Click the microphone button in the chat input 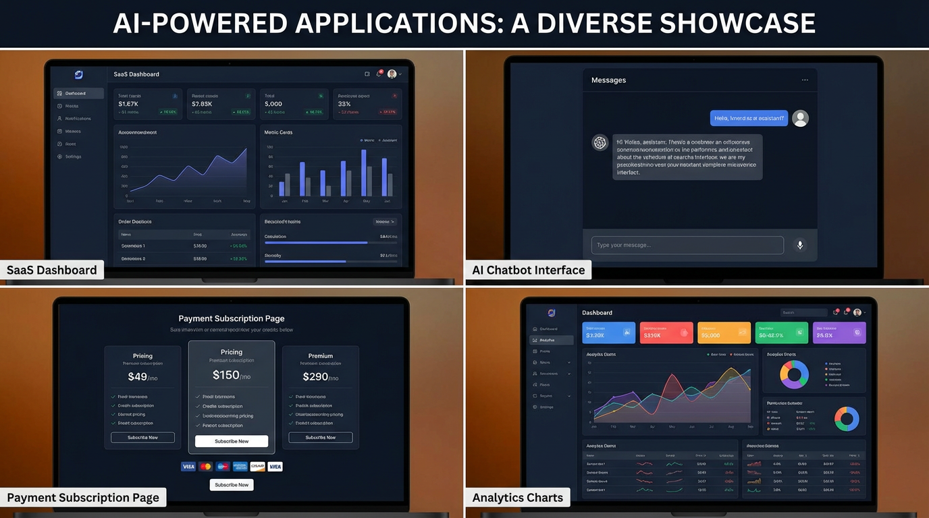click(800, 246)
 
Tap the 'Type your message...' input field click(687, 246)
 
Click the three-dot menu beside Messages click(805, 80)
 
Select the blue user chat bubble click(749, 118)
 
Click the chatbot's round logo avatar click(600, 143)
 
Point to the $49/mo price click(142, 377)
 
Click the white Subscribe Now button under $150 click(232, 441)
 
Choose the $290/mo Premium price click(321, 377)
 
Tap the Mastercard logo click(206, 467)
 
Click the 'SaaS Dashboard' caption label click(52, 270)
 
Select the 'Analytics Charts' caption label click(518, 498)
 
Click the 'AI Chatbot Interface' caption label click(529, 270)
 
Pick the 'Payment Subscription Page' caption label click(83, 498)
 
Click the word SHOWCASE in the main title click(737, 24)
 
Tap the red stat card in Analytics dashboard click(666, 333)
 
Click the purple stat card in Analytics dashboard click(839, 333)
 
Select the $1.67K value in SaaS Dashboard click(128, 104)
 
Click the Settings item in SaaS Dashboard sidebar click(73, 156)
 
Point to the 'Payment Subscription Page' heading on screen click(232, 318)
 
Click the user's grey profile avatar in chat click(800, 118)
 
